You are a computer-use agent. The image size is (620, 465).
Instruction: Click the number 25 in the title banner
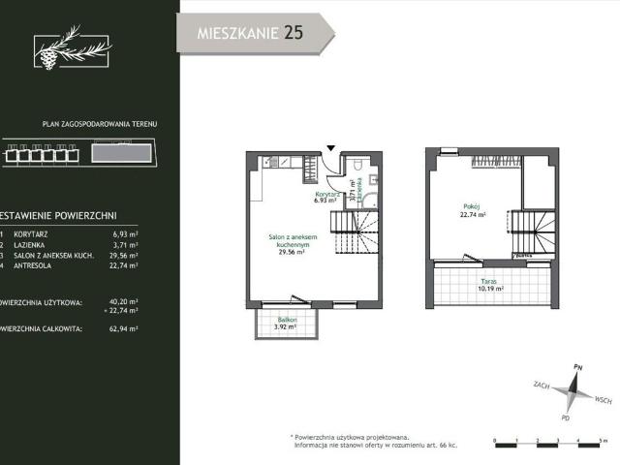point(293,33)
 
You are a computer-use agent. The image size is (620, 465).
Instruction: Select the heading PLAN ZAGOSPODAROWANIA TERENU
point(100,125)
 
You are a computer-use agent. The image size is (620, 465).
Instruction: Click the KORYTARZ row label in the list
point(43,234)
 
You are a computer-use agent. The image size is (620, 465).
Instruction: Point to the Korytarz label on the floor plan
point(325,195)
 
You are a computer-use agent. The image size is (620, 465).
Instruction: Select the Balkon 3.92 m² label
point(280,323)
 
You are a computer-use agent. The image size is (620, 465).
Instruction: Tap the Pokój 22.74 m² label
point(472,211)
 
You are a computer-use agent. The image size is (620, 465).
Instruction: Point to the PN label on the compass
point(577,368)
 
